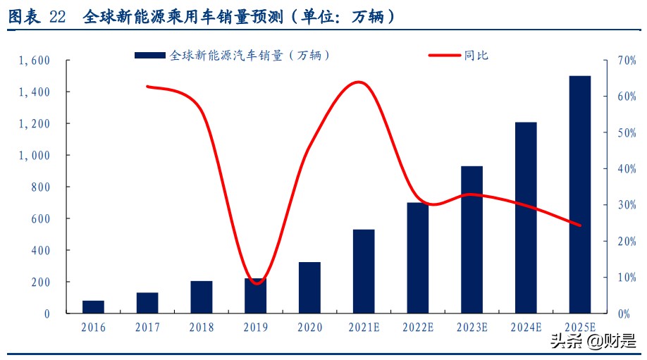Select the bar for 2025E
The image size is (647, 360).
click(580, 194)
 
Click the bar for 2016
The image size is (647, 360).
click(93, 307)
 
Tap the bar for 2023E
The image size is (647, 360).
click(472, 240)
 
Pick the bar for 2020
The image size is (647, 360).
click(309, 287)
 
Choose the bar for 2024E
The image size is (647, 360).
click(526, 218)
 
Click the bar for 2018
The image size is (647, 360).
click(202, 297)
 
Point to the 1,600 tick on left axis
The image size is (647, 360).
click(35, 61)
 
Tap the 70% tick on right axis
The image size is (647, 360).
click(625, 61)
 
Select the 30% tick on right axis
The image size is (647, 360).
click(625, 205)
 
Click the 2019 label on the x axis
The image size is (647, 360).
click(255, 328)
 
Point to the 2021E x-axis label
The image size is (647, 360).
click(364, 328)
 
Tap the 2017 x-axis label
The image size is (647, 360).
click(147, 328)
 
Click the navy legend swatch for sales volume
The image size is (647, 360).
click(149, 55)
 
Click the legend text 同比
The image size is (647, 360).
click(476, 55)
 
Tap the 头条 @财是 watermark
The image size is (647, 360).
click(589, 343)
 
